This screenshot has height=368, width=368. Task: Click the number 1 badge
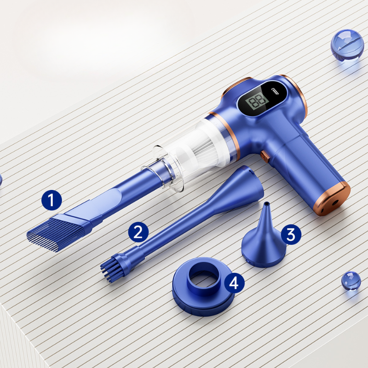(52, 200)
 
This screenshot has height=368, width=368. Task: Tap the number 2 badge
(138, 232)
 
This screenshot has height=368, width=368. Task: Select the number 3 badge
(291, 235)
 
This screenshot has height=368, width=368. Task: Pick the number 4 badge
(234, 283)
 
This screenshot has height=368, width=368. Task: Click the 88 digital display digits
(258, 101)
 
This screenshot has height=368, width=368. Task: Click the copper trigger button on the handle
(265, 156)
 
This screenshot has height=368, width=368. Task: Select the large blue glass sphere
(347, 46)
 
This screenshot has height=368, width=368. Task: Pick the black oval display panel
(262, 98)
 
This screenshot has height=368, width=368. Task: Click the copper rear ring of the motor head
(296, 94)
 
